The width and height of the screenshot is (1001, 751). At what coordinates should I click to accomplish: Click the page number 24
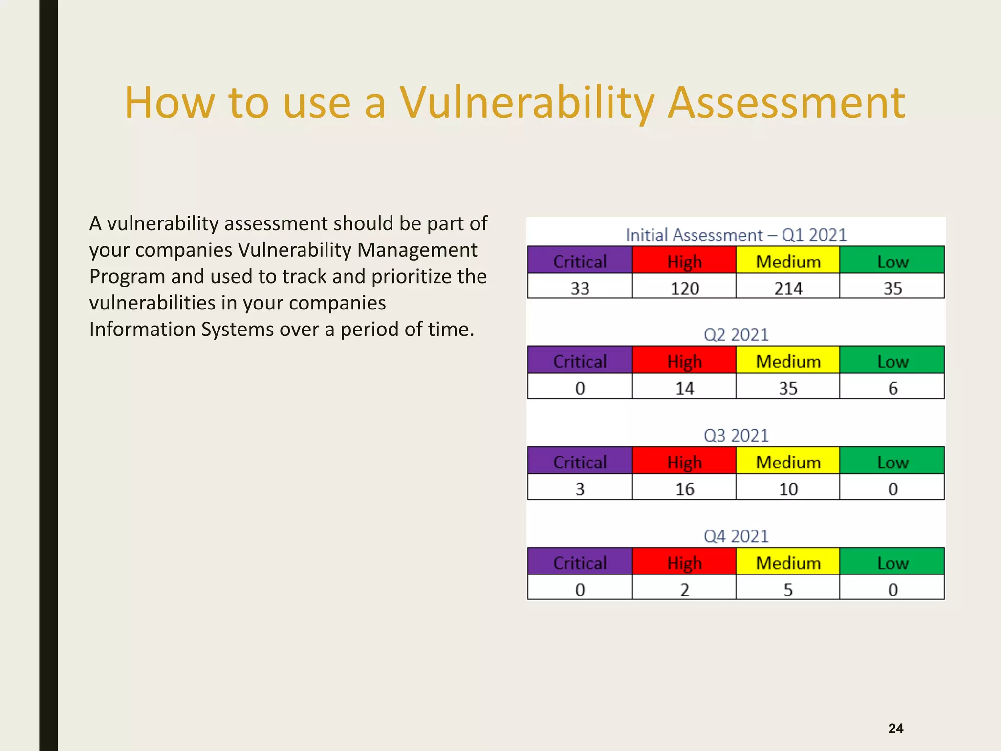point(895,729)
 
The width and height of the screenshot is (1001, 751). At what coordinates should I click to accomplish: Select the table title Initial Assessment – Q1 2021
point(736,235)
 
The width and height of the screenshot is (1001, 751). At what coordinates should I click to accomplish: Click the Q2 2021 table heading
point(736,335)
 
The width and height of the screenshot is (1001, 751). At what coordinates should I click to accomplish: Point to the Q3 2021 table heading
point(736,436)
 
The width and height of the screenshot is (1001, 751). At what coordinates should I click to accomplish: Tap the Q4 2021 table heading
point(736,536)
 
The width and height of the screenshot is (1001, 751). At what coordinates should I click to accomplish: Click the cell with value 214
point(788,288)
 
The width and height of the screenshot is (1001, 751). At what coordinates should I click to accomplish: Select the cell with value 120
point(684,288)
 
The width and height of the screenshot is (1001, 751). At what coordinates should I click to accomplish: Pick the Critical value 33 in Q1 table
point(580,288)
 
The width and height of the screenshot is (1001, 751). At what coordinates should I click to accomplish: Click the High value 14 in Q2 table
point(684,388)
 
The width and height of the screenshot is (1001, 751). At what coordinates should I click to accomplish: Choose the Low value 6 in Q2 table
point(892,388)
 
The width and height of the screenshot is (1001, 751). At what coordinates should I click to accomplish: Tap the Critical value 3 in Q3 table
point(580,489)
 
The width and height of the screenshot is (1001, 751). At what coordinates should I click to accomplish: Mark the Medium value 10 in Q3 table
point(788,489)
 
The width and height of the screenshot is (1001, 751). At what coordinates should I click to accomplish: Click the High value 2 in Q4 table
point(684,590)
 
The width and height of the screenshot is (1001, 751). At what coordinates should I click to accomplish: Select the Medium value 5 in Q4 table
point(788,590)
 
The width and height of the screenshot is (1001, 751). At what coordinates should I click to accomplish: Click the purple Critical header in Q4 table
point(580,563)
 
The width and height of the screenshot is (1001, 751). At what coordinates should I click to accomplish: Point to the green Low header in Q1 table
point(892,262)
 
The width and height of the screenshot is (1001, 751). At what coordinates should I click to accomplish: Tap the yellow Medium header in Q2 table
point(788,361)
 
